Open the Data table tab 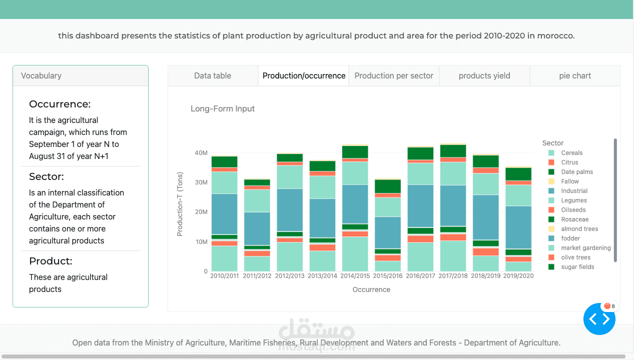(213, 76)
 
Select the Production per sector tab (394, 76)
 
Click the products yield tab (484, 76)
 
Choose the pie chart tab (575, 76)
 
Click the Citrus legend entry (569, 162)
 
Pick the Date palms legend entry (577, 172)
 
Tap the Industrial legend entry (574, 191)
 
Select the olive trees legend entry (575, 257)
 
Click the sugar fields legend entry (577, 267)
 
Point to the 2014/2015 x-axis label (355, 276)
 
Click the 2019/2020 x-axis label (518, 276)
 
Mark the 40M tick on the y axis (201, 153)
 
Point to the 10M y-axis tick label (201, 242)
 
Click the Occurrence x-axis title (371, 289)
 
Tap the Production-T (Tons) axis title (180, 204)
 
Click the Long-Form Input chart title (223, 109)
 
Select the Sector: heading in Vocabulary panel (47, 176)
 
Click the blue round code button (599, 319)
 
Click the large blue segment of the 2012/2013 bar (290, 209)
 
